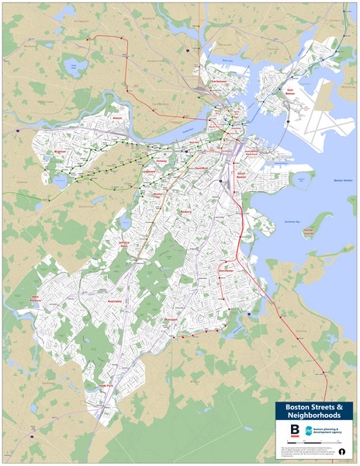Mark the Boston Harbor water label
[x=342, y=180]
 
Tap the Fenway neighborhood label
[x=162, y=159]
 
